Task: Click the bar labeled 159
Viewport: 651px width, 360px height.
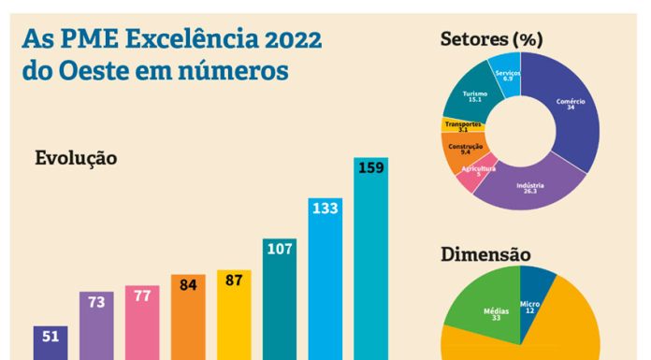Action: click(x=370, y=262)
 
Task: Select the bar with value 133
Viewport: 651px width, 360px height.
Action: click(x=325, y=281)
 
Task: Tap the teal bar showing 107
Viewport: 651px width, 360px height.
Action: click(x=279, y=299)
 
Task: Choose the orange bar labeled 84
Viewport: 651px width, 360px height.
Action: click(x=187, y=318)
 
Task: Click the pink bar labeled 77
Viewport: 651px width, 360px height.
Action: click(x=141, y=324)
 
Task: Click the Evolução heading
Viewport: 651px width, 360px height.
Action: click(x=76, y=158)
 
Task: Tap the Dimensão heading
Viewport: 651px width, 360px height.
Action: click(x=485, y=253)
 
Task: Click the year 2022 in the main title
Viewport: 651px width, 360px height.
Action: click(x=280, y=39)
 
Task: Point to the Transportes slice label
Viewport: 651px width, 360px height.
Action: click(x=463, y=125)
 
